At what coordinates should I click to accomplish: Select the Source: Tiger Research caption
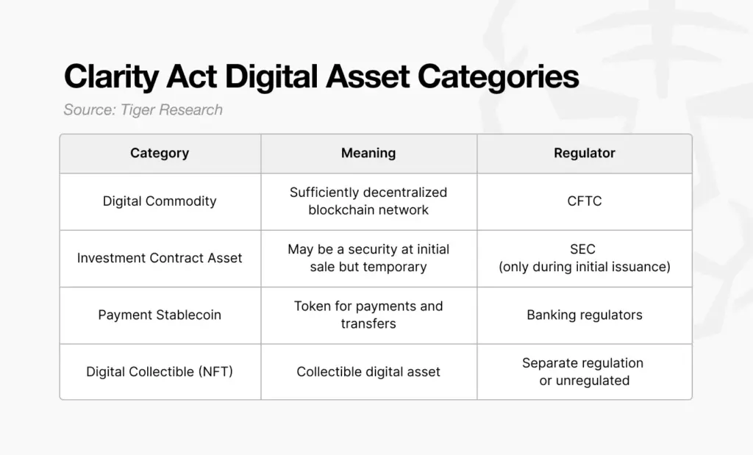(143, 110)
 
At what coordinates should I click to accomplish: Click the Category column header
(160, 153)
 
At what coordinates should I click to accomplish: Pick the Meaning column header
(368, 153)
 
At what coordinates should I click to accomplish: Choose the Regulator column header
(584, 153)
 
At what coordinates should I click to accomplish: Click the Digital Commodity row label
(160, 201)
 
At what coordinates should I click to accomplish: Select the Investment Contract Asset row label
(160, 258)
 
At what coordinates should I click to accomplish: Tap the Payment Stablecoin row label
(160, 315)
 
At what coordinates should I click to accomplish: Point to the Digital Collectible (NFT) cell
(160, 371)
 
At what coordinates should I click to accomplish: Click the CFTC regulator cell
(584, 201)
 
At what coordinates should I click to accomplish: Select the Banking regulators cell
(584, 315)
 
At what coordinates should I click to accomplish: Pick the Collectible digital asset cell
(368, 371)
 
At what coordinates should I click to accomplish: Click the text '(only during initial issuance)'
(584, 267)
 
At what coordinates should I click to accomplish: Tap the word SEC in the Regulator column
(584, 250)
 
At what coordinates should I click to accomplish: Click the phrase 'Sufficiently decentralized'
(368, 192)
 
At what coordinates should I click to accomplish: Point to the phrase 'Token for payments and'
(368, 306)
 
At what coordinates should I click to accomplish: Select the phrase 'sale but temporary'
(368, 267)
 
